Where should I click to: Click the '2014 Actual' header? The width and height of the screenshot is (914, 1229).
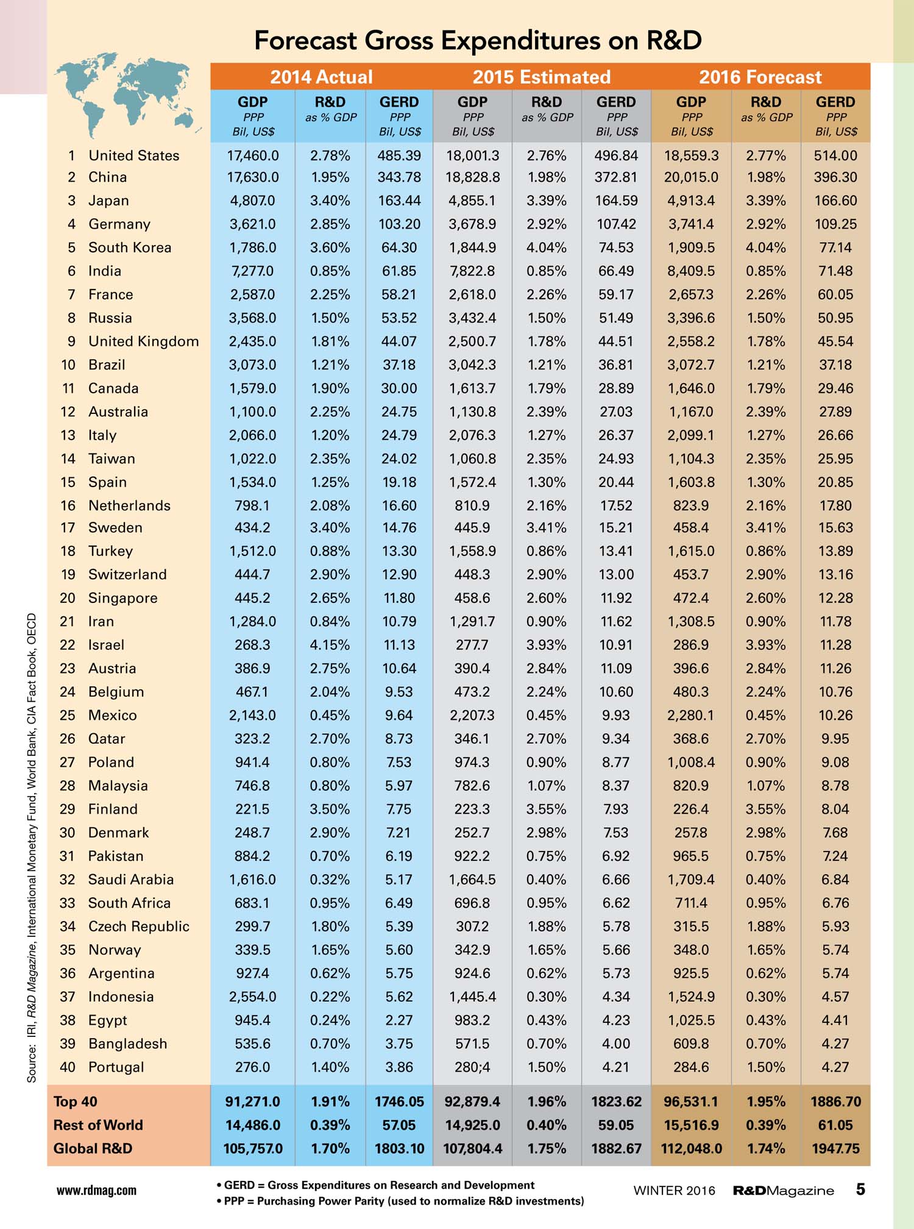click(x=321, y=77)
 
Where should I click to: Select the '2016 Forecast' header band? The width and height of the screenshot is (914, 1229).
click(x=760, y=77)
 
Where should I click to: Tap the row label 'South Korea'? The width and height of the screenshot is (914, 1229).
click(x=130, y=248)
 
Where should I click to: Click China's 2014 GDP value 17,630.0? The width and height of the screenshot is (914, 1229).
click(x=253, y=177)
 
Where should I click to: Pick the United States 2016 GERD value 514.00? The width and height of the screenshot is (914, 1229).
click(x=835, y=155)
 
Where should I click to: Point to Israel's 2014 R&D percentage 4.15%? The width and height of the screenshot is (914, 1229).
click(x=330, y=645)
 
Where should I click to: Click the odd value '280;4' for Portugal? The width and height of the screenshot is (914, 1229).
click(x=472, y=1067)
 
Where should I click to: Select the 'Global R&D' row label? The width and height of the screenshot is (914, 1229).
click(x=93, y=1149)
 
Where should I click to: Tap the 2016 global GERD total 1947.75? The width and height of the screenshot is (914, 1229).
click(x=835, y=1149)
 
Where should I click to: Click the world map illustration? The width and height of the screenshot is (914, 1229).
click(x=125, y=94)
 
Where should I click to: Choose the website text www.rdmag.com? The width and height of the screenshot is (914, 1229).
click(x=96, y=1191)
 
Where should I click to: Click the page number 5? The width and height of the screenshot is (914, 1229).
click(x=860, y=1189)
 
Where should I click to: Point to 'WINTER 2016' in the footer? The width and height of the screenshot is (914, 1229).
click(x=674, y=1191)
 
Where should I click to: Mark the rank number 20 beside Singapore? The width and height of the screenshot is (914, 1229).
click(x=68, y=598)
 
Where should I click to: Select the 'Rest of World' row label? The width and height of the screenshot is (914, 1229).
click(x=98, y=1125)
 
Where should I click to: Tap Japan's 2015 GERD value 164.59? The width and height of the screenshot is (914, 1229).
click(x=616, y=201)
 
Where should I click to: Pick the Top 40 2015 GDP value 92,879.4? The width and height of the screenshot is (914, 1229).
click(x=472, y=1102)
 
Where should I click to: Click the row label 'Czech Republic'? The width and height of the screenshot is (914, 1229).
click(x=139, y=927)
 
